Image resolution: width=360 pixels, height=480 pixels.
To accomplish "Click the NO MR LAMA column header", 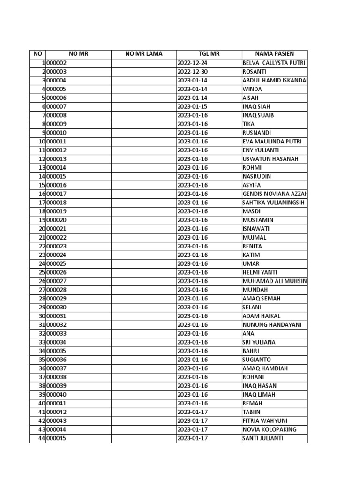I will [x=143, y=54].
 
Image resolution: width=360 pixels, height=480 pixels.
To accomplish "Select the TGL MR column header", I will [x=209, y=54].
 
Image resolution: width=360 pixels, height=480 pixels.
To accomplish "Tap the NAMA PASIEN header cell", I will [x=275, y=54].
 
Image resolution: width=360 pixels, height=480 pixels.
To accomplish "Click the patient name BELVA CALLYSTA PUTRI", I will [x=274, y=63].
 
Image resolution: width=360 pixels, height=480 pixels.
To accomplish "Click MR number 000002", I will [x=57, y=63].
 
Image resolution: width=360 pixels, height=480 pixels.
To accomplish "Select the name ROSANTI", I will [x=254, y=72].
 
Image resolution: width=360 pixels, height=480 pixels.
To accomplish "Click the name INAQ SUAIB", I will [x=258, y=115].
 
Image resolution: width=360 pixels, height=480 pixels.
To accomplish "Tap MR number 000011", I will [x=57, y=142].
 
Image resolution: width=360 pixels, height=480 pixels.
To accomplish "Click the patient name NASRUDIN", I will [x=257, y=176].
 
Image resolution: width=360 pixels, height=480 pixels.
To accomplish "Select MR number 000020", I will [x=57, y=220].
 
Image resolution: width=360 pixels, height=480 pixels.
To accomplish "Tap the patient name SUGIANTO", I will [x=257, y=360].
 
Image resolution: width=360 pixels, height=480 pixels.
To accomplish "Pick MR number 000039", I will [x=57, y=386].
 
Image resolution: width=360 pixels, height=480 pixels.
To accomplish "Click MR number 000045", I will [x=57, y=438].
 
